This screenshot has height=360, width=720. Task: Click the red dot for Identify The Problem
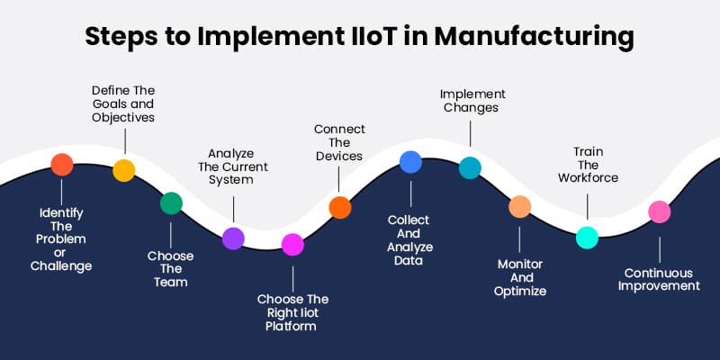(x=61, y=164)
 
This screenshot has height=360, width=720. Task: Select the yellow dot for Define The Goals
(x=124, y=170)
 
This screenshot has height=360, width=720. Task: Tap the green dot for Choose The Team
(x=171, y=202)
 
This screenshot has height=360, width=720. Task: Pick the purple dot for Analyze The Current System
(x=233, y=238)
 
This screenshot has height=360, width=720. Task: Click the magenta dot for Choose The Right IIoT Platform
(x=292, y=244)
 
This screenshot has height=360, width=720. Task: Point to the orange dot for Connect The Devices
(x=339, y=208)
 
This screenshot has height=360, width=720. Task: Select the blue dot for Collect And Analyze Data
(x=410, y=161)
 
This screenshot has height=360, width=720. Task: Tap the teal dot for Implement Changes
(x=470, y=167)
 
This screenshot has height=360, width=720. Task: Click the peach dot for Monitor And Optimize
(x=520, y=207)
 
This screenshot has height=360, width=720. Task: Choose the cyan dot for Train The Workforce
(x=587, y=237)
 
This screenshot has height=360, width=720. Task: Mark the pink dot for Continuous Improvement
(x=660, y=211)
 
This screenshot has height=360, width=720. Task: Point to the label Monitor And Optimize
(x=521, y=277)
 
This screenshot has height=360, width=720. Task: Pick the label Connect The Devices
(x=338, y=142)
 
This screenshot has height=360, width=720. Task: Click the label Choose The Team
(x=171, y=268)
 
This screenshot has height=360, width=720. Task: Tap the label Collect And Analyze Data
(x=410, y=240)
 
